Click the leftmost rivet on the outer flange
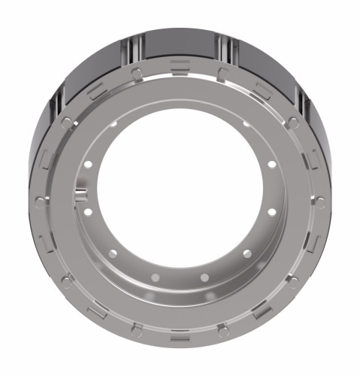[39, 202]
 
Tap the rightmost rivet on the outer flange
[320, 202]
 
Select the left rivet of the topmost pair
[136, 73]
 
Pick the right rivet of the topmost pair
[223, 73]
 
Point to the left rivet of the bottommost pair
[136, 329]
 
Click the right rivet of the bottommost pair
[223, 329]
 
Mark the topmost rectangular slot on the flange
[180, 63]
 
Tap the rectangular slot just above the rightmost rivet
[312, 159]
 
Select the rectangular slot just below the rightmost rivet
[312, 244]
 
